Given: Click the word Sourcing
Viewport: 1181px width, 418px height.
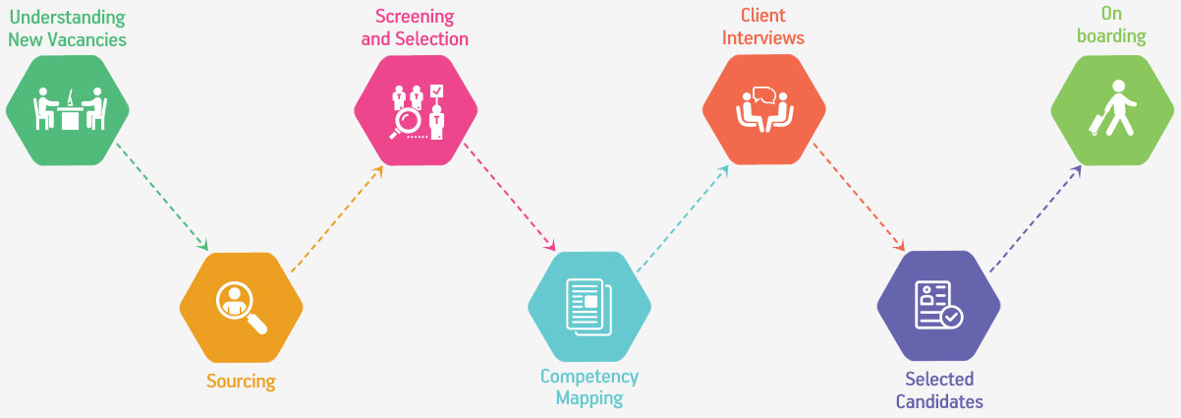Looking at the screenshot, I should (241, 381).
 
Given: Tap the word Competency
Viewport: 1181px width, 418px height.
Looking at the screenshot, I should (590, 377).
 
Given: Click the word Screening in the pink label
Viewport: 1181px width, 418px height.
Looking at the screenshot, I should (414, 17).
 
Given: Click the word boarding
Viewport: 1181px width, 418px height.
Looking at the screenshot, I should (1111, 36).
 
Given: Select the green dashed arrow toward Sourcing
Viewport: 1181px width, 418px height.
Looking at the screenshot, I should (162, 195).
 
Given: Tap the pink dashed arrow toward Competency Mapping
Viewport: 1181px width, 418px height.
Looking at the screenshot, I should (511, 195).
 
